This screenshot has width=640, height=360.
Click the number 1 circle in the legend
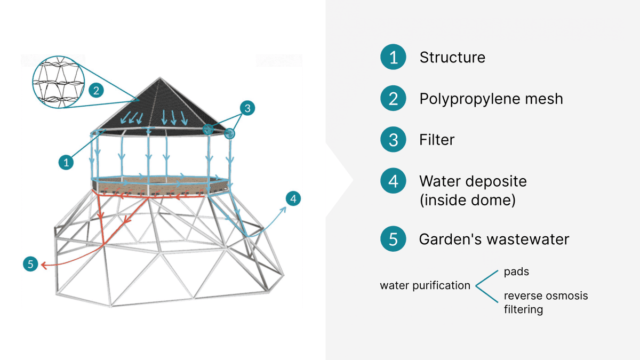394,58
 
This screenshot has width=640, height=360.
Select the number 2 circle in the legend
394,99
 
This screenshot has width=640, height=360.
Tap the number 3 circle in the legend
394,140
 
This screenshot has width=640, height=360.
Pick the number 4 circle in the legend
394,181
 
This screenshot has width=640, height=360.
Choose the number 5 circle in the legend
394,239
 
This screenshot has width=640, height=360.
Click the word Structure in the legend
452,58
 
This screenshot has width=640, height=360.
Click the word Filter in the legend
437,140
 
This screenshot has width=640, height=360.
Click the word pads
516,272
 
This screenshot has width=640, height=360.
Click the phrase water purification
425,286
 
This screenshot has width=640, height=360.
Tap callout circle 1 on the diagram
66,162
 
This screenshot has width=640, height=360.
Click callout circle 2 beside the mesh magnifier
96,90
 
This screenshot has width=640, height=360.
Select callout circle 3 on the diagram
246,108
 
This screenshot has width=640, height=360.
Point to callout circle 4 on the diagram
293,199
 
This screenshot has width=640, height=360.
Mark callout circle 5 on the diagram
30,263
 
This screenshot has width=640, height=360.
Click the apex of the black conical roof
159,78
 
